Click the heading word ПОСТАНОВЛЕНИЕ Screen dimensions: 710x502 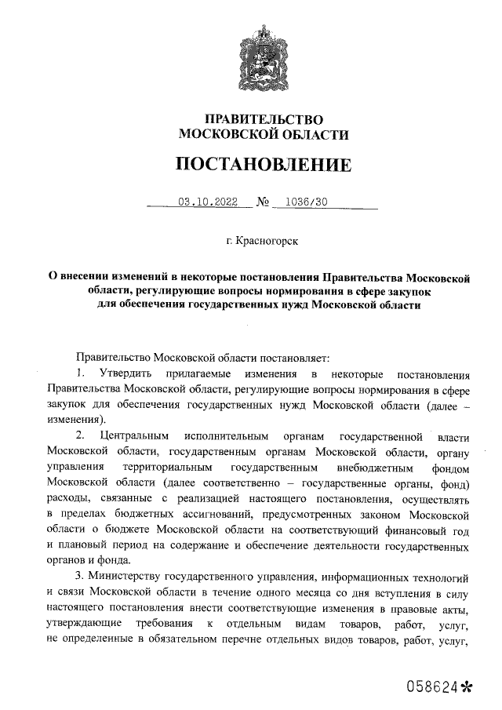(x=263, y=165)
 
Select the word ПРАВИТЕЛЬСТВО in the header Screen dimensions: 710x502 (x=264, y=119)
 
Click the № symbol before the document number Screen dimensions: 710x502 (x=263, y=202)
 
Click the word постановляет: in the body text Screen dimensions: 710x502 (x=289, y=356)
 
